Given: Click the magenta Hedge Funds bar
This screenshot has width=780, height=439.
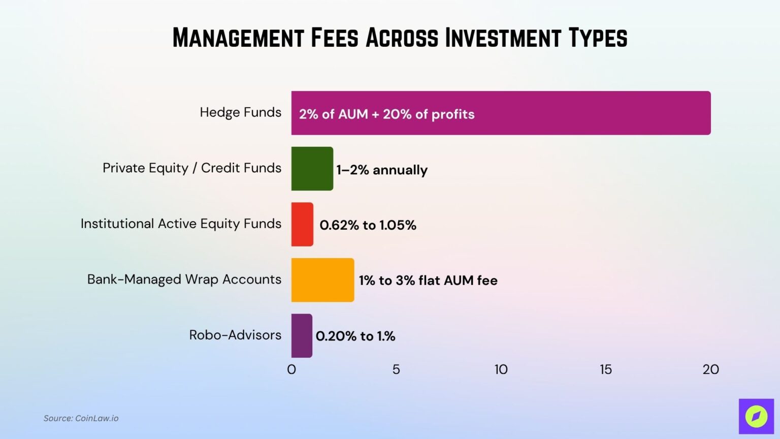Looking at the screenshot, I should click(559, 113).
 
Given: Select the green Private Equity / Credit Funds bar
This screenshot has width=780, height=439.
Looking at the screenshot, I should click(312, 169).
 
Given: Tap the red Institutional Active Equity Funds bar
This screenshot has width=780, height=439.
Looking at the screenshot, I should click(302, 224).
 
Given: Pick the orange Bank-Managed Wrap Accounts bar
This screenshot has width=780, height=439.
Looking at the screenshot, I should click(322, 280).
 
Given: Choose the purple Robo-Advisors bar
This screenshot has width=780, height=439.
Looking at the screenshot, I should click(302, 335).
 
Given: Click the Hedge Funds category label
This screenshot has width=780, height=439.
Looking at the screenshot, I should click(240, 112).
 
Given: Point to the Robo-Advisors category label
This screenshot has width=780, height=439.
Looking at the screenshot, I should click(235, 335).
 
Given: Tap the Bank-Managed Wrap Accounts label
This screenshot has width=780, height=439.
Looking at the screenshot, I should click(184, 279).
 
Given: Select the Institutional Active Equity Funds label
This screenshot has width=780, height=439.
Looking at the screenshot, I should click(181, 224).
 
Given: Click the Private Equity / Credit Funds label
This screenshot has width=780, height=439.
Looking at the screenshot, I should click(191, 168).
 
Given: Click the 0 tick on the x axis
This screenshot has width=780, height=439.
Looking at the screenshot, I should click(291, 369).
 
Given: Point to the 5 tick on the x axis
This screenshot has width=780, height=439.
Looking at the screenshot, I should click(396, 369).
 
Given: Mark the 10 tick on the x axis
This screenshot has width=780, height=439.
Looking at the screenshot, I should click(501, 369).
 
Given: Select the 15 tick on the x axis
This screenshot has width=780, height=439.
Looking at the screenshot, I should click(606, 369).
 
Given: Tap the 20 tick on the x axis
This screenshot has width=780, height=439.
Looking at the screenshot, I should click(710, 369).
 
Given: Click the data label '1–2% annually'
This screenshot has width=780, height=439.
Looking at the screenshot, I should click(382, 170).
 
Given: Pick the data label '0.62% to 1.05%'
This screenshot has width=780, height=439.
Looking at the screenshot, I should click(368, 225).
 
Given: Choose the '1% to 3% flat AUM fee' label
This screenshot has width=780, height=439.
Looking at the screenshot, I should click(428, 280).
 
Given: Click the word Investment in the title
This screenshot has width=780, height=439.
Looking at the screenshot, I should click(503, 38).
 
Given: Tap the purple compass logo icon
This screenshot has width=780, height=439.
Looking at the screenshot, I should click(756, 416).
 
